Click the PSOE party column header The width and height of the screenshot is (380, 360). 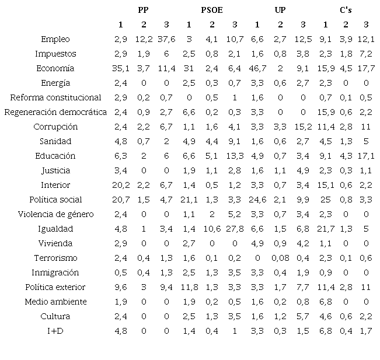[x=211, y=10]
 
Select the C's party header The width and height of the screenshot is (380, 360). [x=346, y=10]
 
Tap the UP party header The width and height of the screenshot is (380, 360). [x=280, y=10]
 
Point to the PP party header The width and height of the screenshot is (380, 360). [x=143, y=10]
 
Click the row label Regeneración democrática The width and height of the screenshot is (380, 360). [x=55, y=112]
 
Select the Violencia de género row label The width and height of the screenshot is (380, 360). [x=55, y=214]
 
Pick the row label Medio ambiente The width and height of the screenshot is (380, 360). [x=55, y=302]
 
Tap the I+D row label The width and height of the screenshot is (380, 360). [x=55, y=331]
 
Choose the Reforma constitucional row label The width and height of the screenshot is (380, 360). [x=55, y=97]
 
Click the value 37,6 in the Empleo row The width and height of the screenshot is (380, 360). [x=166, y=39]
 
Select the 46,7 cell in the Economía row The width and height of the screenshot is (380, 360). [x=257, y=68]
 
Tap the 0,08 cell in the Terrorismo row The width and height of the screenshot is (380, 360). [x=280, y=258]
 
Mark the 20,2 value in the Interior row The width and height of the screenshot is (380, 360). [x=120, y=185]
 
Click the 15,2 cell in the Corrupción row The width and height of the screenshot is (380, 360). [x=302, y=127]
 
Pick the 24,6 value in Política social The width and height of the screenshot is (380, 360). [x=257, y=200]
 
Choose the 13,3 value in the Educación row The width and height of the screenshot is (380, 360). [x=234, y=156]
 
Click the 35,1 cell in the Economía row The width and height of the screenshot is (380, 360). [x=120, y=68]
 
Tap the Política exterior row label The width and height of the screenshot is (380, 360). [x=55, y=287]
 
